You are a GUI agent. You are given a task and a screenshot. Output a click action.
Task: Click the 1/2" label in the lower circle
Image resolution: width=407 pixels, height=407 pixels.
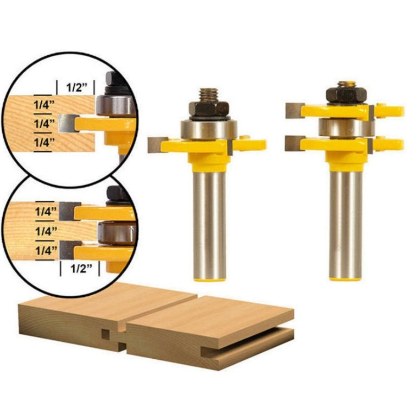(x=79, y=268)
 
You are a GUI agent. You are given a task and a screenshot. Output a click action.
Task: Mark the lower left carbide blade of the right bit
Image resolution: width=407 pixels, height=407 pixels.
(x=294, y=142)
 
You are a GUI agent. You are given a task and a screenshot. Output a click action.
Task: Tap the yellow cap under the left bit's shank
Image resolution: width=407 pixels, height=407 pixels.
(x=209, y=278)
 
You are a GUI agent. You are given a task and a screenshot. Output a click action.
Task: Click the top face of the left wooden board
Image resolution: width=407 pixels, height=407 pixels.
(x=109, y=304)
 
